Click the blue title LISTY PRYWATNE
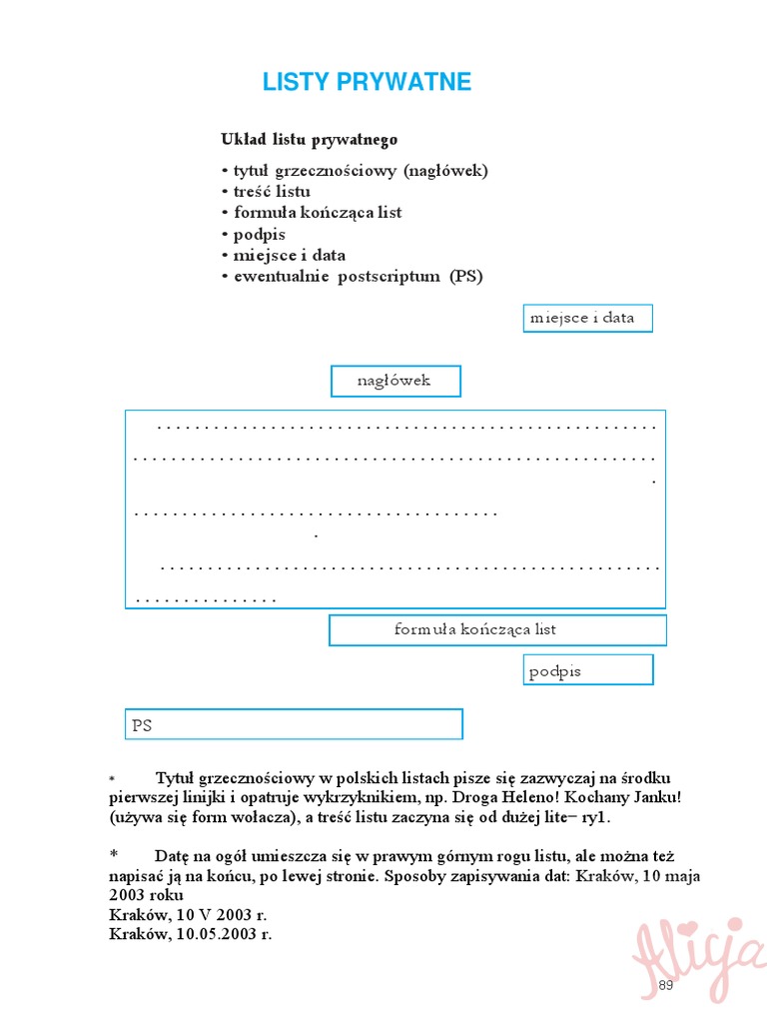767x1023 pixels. point(367,83)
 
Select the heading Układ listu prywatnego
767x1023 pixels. point(309,140)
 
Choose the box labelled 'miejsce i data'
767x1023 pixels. point(587,319)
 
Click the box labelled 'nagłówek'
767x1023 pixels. point(395,381)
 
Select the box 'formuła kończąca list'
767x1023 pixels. point(497,630)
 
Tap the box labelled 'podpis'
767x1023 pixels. point(588,670)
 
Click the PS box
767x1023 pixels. point(295,724)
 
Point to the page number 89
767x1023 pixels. point(666,986)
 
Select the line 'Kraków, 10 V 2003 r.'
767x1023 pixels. point(188,914)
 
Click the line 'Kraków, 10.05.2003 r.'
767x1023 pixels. point(190,934)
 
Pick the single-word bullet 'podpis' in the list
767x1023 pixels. point(259,234)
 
